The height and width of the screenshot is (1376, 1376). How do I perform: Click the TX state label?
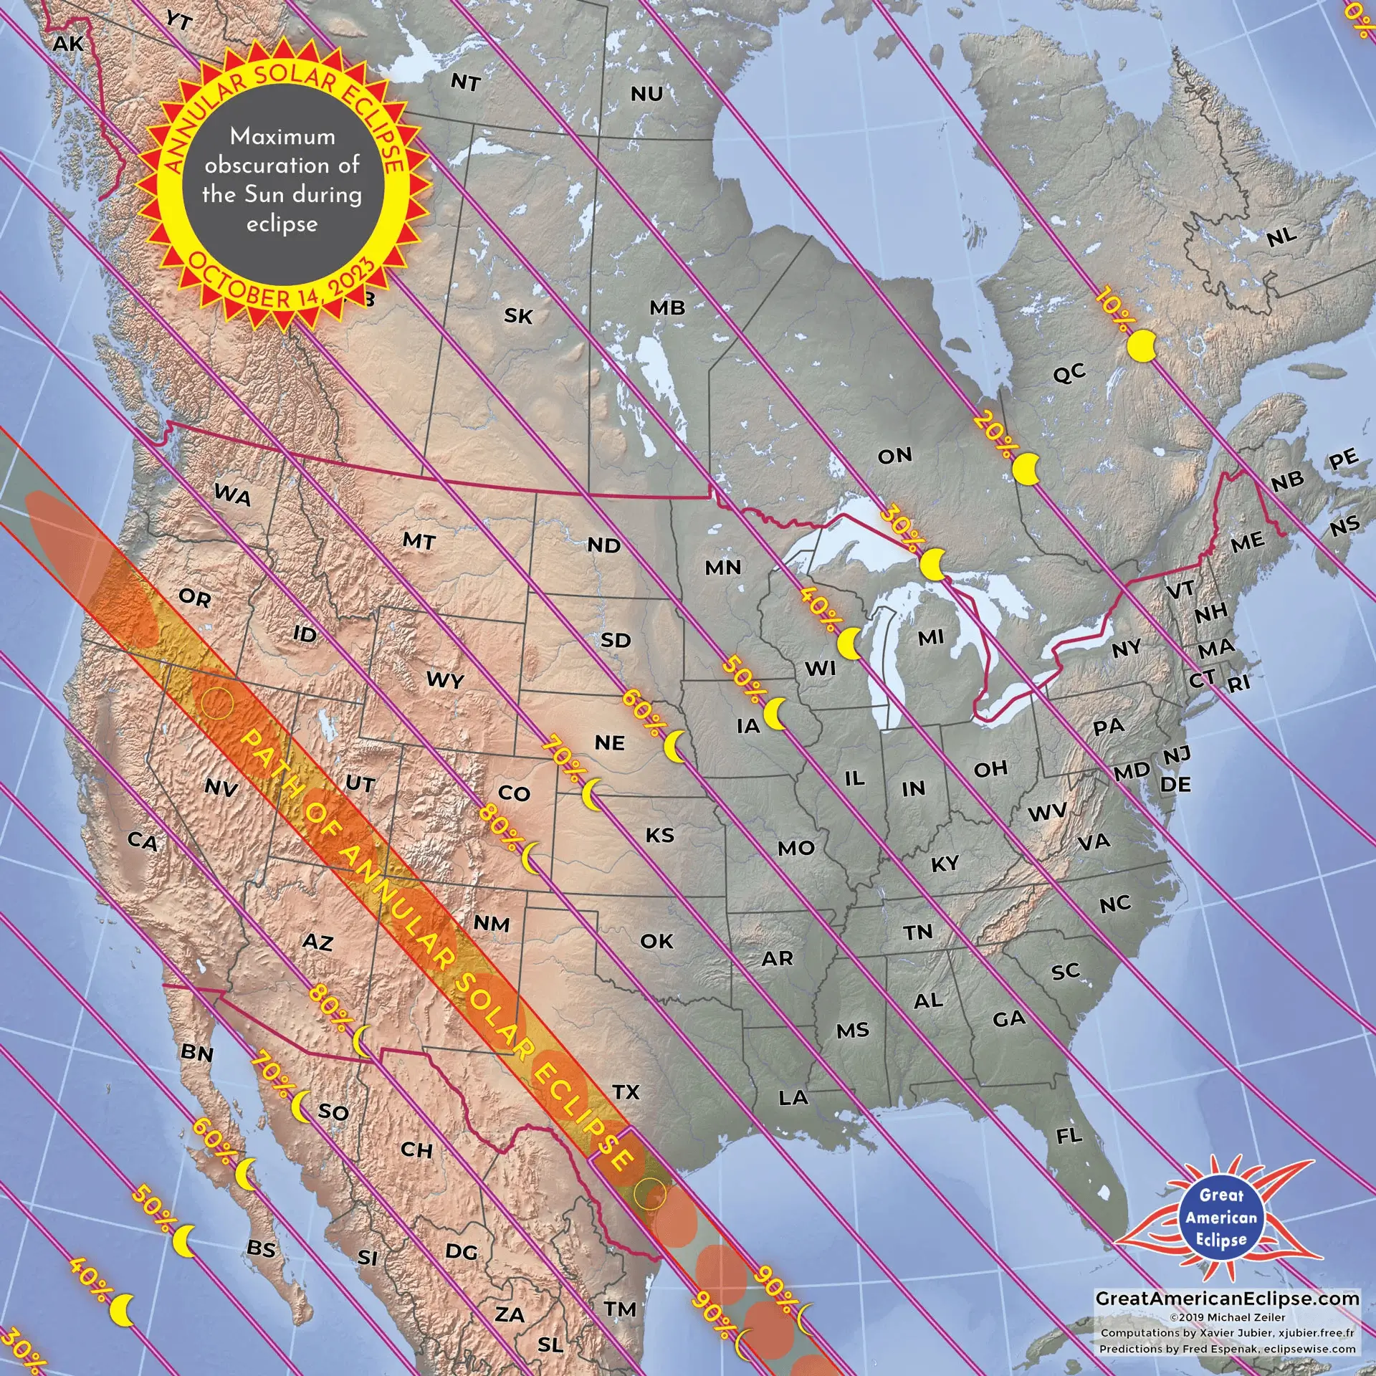pyautogui.click(x=626, y=1091)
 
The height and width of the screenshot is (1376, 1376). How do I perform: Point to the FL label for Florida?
pyautogui.click(x=1069, y=1135)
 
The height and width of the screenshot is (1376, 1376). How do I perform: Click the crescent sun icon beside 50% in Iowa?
pyautogui.click(x=775, y=715)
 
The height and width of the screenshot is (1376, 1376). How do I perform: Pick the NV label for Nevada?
pyautogui.click(x=221, y=788)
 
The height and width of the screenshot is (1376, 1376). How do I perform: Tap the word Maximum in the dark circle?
pyautogui.click(x=282, y=136)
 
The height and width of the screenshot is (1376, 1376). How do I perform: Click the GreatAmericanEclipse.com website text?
pyautogui.click(x=1227, y=1298)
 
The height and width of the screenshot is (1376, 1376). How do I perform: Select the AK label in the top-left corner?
pyautogui.click(x=68, y=44)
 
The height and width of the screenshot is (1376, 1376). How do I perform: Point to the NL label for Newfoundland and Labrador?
pyautogui.click(x=1281, y=236)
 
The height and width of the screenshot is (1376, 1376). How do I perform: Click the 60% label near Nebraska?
pyautogui.click(x=642, y=712)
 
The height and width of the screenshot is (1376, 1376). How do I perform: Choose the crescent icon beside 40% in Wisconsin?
pyautogui.click(x=850, y=644)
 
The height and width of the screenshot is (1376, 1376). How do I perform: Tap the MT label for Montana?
pyautogui.click(x=419, y=540)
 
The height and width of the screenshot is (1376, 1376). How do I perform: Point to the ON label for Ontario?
pyautogui.click(x=894, y=455)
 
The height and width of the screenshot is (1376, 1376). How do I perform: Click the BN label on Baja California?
pyautogui.click(x=197, y=1052)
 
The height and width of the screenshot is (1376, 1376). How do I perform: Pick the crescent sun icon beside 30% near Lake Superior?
pyautogui.click(x=932, y=565)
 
